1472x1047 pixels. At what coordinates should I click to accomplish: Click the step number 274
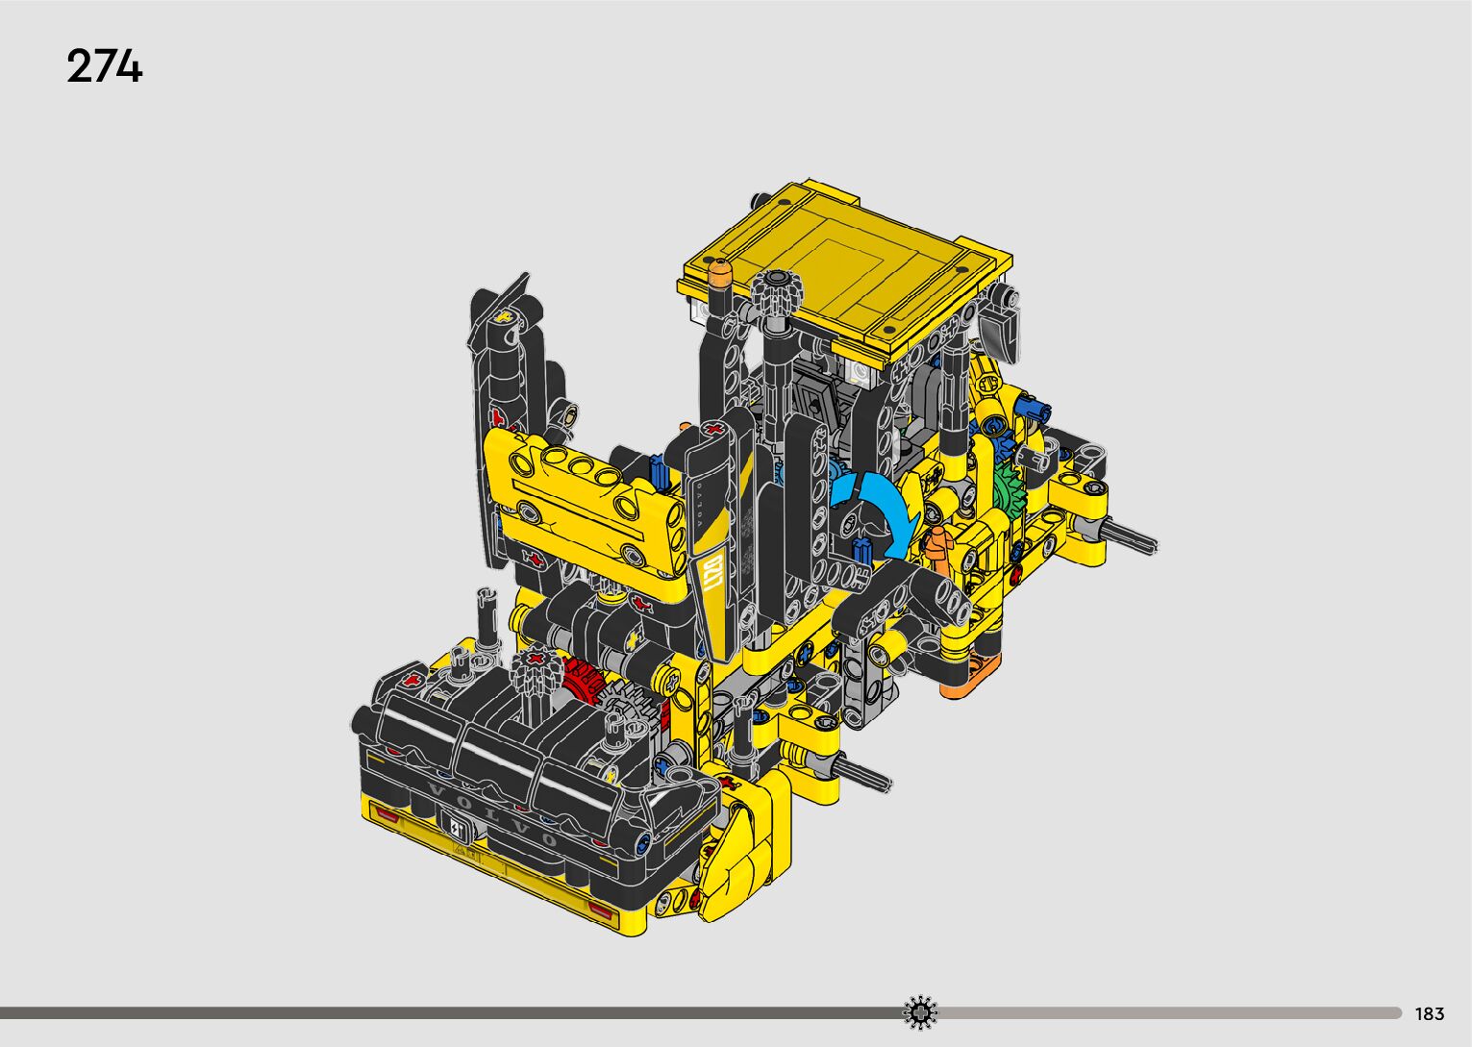(105, 65)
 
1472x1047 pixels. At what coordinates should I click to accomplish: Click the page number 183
(1430, 1013)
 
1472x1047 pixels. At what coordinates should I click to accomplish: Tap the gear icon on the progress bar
(920, 1012)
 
